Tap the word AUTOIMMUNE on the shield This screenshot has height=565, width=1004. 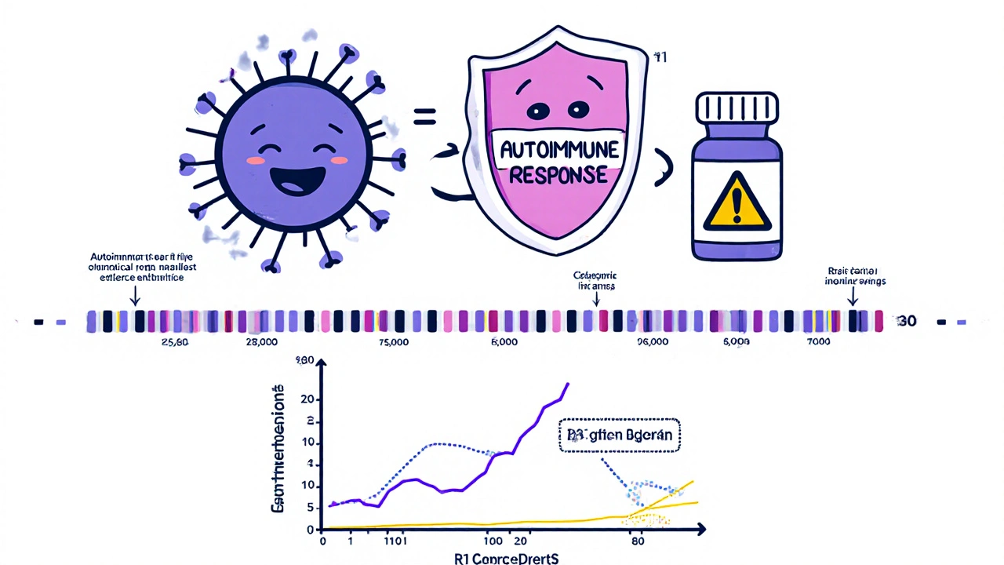(x=552, y=148)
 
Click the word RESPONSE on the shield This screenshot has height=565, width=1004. (x=552, y=173)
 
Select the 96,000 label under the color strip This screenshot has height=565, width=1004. (x=652, y=343)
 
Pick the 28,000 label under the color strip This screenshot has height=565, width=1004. (x=261, y=343)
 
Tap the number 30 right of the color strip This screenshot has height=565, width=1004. (x=907, y=322)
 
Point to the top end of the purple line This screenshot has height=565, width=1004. (x=568, y=384)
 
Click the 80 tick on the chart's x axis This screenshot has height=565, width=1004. (x=637, y=541)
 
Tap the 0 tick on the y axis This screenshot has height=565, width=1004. (x=310, y=530)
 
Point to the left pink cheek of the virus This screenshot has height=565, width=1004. (x=256, y=160)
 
